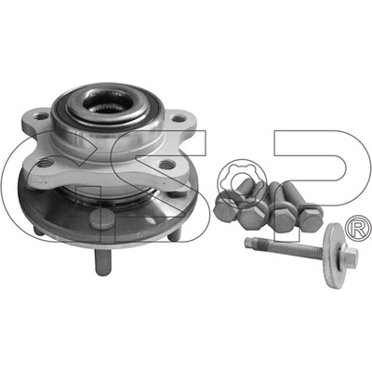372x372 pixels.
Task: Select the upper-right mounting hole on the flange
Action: pyautogui.click(x=178, y=119)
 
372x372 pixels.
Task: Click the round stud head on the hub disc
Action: pyautogui.click(x=100, y=219)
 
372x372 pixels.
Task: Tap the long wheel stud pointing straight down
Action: pyautogui.click(x=103, y=262)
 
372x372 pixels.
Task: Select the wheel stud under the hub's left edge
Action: pyautogui.click(x=39, y=231)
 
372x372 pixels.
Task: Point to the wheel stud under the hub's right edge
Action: pyautogui.click(x=174, y=234)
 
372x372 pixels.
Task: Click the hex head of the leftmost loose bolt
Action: pyautogui.click(x=225, y=209)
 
